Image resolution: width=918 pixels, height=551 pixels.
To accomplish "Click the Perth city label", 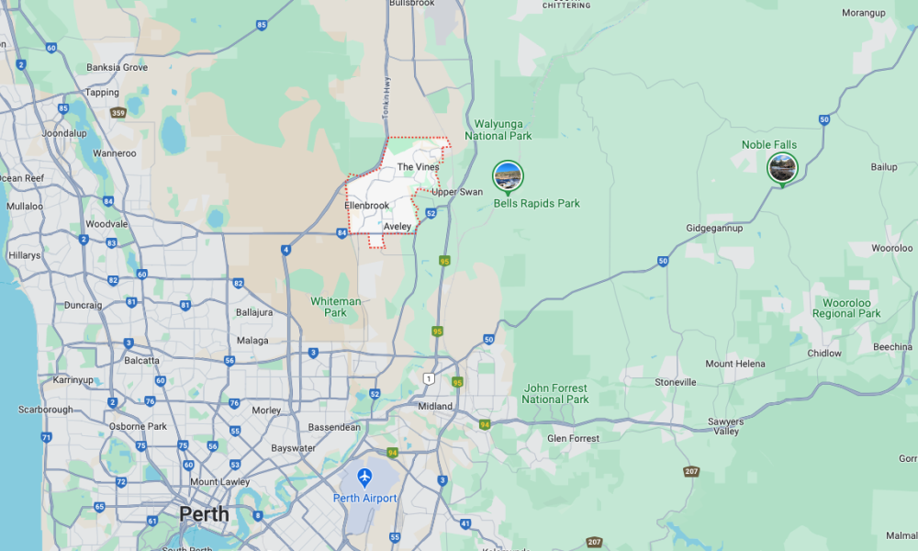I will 204,513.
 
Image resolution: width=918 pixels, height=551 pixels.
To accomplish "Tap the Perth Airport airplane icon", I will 365,478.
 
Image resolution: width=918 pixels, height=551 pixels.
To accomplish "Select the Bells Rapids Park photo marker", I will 508,174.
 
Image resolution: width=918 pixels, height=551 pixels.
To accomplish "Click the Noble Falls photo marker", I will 782,167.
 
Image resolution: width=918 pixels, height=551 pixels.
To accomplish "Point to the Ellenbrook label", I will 367,205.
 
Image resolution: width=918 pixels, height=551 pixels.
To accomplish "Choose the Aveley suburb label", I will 397,226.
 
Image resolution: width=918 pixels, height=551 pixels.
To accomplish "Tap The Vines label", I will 418,167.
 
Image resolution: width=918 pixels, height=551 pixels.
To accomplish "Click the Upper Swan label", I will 457,192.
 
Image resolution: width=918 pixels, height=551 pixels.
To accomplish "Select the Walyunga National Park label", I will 498,129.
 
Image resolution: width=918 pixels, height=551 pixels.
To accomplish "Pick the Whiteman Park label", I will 336,307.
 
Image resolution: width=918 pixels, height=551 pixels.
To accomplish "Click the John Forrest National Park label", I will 555,394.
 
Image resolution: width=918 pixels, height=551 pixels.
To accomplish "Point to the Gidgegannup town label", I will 714,228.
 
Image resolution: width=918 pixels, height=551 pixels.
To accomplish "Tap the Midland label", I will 434,406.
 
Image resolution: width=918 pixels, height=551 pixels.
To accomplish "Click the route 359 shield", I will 118,113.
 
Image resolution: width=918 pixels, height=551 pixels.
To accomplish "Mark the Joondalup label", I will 63,133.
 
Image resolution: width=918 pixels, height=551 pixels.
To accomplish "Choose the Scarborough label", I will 45,410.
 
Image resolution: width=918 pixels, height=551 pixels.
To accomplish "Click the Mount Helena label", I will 734,364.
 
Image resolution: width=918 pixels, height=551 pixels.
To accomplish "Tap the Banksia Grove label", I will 117,67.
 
